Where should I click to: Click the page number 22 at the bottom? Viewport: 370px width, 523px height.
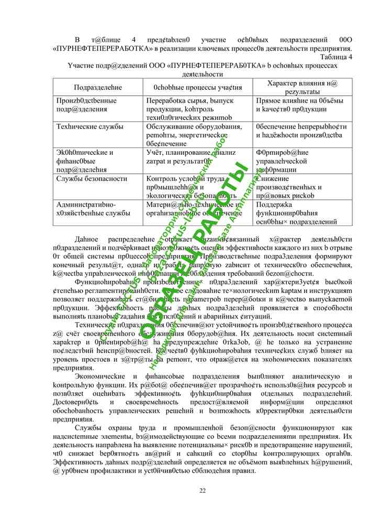click(x=203, y=490)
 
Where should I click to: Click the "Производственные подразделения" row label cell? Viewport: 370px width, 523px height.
click(x=86, y=105)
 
